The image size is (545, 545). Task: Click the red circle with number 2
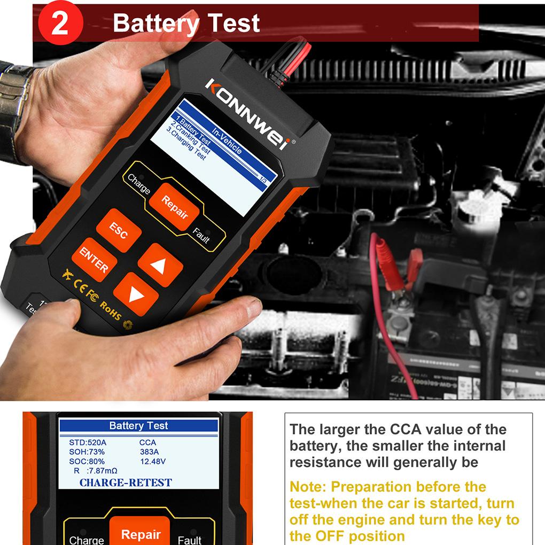coord(59,24)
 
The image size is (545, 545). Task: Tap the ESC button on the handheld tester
coord(119,229)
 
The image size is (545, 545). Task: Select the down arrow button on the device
coord(136,294)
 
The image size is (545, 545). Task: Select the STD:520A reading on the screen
coord(88,442)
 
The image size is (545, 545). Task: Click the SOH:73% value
coord(87,452)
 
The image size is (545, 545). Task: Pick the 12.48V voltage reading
coord(153,462)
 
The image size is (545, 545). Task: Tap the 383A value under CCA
coord(149,452)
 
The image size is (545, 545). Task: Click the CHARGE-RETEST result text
coord(126,483)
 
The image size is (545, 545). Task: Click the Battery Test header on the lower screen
coord(138,426)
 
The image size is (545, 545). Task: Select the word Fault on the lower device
coord(189,539)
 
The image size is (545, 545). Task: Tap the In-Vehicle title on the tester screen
coord(226,141)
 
